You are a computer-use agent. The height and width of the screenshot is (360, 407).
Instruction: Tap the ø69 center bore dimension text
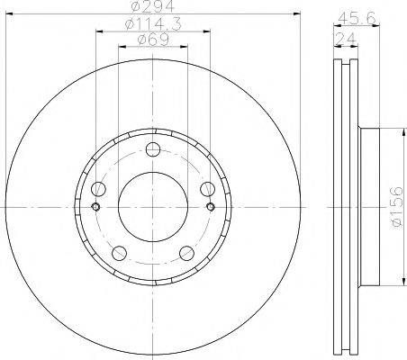(x=152, y=40)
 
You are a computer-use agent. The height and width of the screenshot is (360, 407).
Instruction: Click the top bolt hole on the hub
(x=152, y=149)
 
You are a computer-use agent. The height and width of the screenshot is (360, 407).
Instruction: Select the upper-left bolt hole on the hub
(x=98, y=189)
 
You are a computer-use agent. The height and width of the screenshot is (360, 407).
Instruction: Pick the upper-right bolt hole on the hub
(x=207, y=189)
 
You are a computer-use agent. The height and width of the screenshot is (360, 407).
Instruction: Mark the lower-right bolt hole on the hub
(x=186, y=252)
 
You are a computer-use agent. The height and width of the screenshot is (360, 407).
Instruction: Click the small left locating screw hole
(x=95, y=207)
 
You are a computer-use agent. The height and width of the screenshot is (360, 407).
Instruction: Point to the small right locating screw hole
(x=210, y=207)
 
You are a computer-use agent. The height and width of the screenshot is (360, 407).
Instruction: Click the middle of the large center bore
(x=152, y=206)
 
